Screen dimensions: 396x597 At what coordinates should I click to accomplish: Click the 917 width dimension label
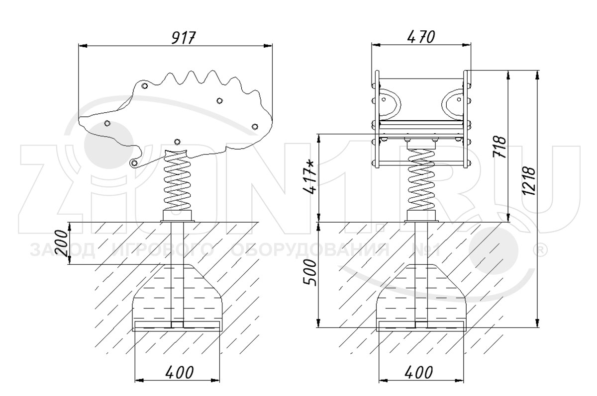(x=177, y=38)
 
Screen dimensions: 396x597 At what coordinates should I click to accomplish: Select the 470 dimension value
(x=420, y=37)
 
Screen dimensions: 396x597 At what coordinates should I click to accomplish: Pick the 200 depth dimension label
(x=61, y=243)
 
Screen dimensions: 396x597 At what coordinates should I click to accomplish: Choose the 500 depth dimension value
(x=309, y=272)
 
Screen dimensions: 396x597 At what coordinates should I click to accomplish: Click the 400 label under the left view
(x=177, y=371)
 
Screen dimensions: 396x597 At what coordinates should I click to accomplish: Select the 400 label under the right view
(x=420, y=371)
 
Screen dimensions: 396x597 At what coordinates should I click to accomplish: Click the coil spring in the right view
(x=421, y=180)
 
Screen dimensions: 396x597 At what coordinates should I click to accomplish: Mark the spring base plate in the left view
(x=177, y=216)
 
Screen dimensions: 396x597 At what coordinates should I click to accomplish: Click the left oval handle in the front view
(x=390, y=101)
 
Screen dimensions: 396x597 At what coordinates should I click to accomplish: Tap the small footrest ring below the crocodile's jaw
(x=133, y=162)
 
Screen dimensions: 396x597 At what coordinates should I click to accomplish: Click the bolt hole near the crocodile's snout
(x=107, y=123)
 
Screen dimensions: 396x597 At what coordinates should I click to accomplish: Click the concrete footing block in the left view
(x=177, y=298)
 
